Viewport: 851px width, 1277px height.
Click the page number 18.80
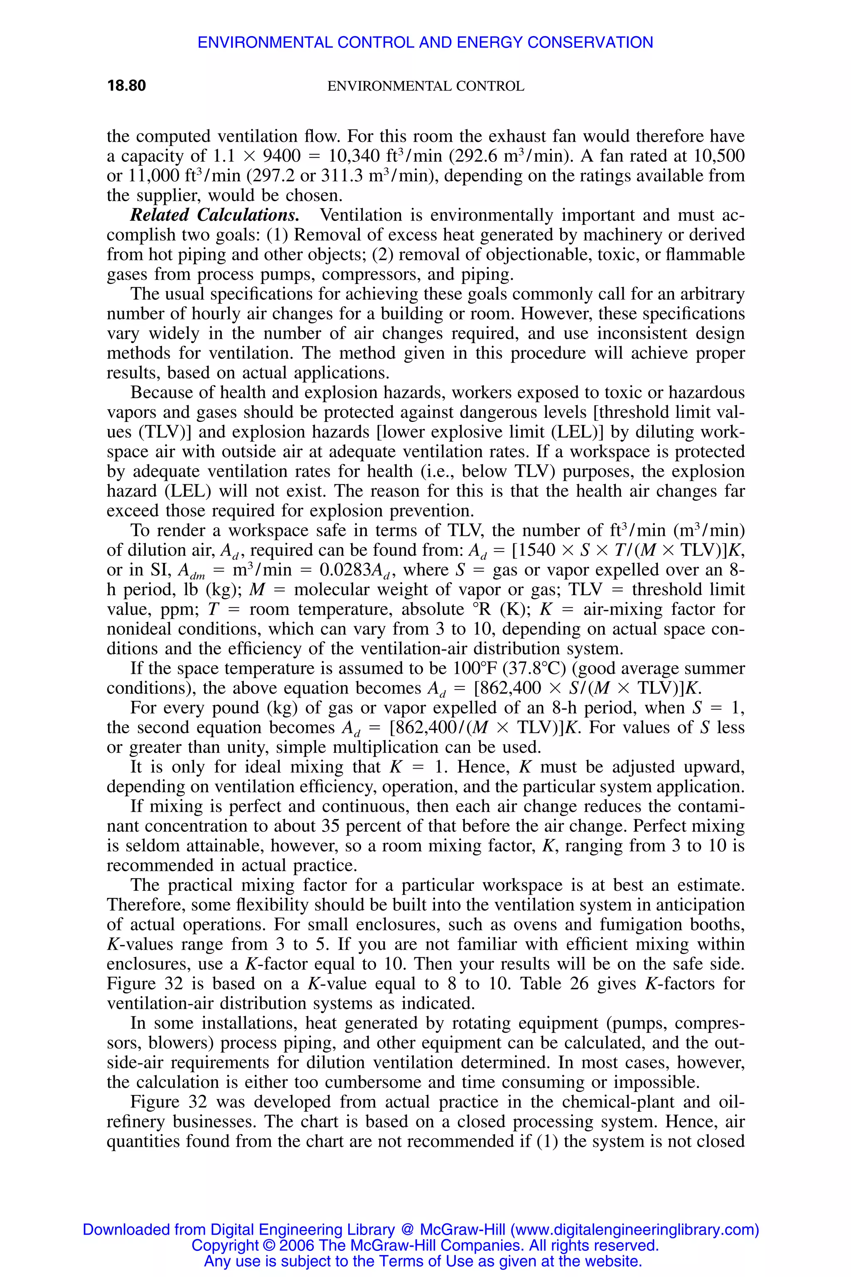(126, 86)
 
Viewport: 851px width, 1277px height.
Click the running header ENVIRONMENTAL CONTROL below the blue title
(425, 86)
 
